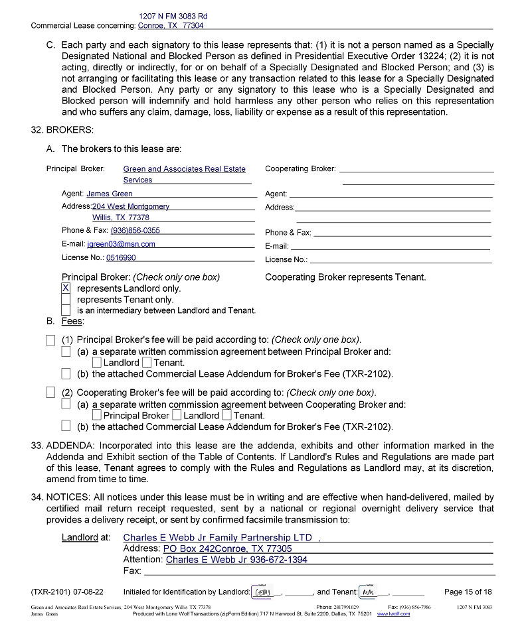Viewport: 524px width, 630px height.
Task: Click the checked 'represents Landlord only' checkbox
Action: (66, 288)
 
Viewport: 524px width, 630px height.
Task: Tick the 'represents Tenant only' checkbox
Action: (66, 300)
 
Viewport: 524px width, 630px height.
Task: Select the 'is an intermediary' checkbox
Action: (66, 310)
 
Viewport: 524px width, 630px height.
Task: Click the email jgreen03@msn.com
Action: (121, 244)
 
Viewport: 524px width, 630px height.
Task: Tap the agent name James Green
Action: (110, 194)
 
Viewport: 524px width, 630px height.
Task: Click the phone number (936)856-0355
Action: (135, 231)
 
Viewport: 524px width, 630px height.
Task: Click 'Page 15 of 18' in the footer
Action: (468, 592)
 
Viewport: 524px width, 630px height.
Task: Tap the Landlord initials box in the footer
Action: (262, 592)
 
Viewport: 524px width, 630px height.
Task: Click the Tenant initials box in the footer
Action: (367, 592)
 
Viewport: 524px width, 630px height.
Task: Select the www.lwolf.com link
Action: (393, 614)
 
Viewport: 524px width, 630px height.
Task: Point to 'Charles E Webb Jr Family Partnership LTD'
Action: (217, 538)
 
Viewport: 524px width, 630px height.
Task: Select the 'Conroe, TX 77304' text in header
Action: (171, 26)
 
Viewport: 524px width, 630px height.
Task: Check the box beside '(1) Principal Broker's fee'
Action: (51, 340)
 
